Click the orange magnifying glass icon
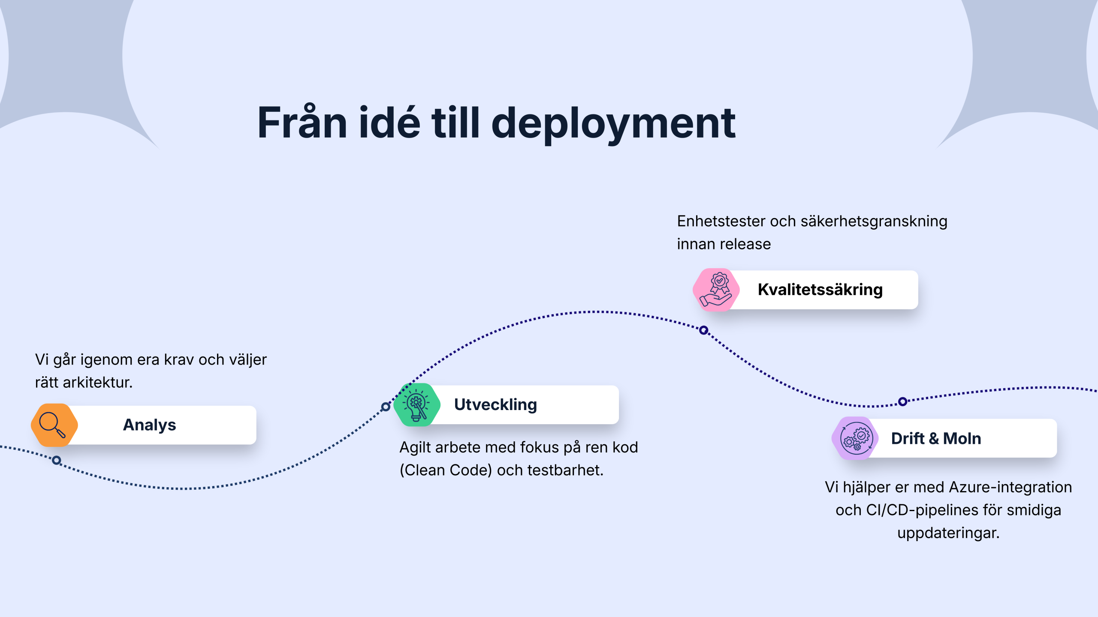tap(54, 425)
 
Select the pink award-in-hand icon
tap(716, 290)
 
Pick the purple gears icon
tap(855, 438)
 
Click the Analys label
tap(149, 425)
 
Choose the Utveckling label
tap(495, 405)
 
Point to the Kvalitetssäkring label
tap(820, 290)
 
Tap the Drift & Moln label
tap(936, 438)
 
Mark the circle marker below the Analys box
tap(56, 460)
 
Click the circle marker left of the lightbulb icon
tap(386, 407)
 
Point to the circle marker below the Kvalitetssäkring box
tap(703, 330)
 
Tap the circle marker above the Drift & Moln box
tap(903, 401)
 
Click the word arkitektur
tap(97, 382)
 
